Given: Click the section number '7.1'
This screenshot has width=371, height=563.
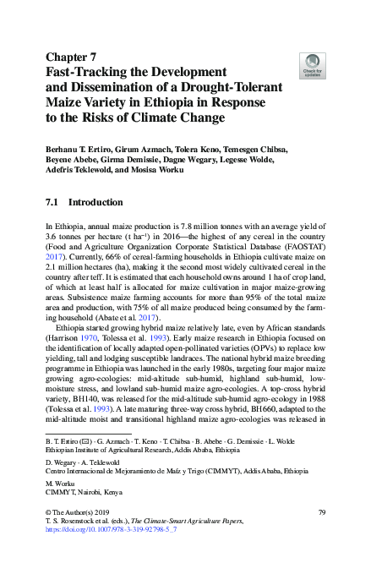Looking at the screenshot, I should [51, 203].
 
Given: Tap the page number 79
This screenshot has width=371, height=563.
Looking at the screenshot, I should [321, 512].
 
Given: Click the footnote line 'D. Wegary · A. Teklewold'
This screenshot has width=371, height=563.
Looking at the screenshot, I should [84, 462].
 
